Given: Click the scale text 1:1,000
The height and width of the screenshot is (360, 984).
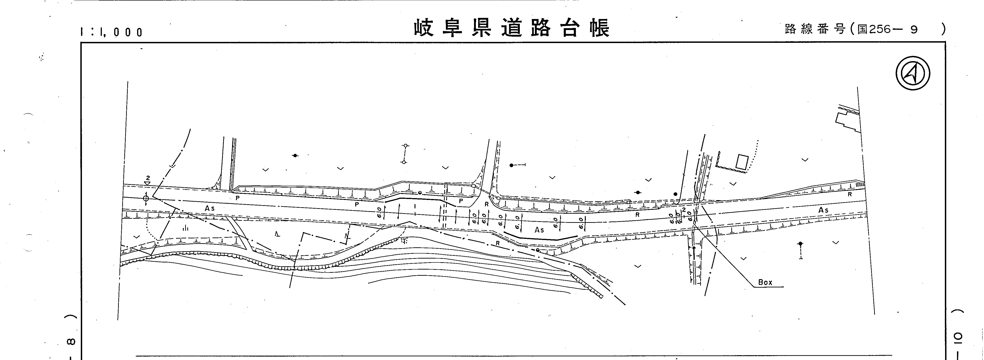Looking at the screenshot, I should tap(111, 32).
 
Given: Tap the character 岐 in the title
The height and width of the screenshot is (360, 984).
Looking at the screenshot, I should tap(424, 28).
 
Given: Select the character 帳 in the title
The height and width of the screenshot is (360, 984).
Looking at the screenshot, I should tap(600, 28).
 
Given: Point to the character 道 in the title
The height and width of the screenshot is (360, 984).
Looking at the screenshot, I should tap(512, 28).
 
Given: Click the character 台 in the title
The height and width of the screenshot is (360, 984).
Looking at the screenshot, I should tap(570, 28).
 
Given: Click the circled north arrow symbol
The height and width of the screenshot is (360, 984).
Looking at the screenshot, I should tap(913, 73).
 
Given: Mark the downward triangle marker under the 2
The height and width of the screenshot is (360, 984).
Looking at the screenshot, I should tap(147, 183).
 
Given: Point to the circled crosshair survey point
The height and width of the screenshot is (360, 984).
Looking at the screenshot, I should tap(146, 198).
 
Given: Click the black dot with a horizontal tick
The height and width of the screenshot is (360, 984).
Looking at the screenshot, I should tap(512, 165).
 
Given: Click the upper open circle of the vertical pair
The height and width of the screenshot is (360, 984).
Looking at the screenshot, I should tap(405, 146).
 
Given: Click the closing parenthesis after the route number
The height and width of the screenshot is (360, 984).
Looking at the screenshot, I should tap(943, 29).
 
